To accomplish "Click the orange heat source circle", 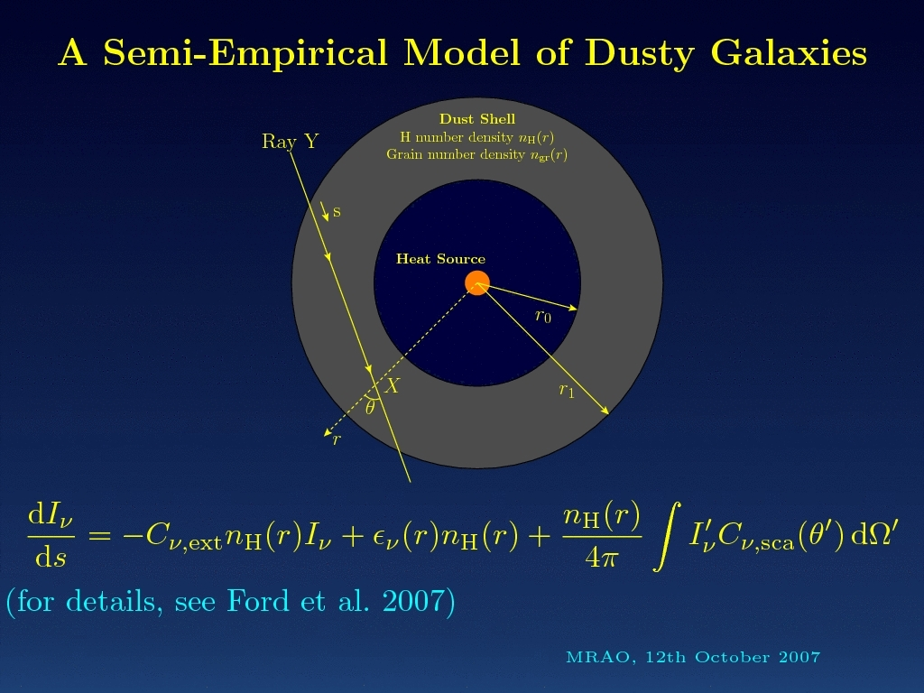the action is click(x=477, y=282).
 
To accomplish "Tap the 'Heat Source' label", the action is click(x=440, y=259).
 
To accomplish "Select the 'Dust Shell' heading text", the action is click(x=477, y=119).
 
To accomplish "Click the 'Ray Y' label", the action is click(x=290, y=142).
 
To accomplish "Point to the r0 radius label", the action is click(x=542, y=317).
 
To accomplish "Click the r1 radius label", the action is click(x=567, y=390).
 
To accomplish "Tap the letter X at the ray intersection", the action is click(x=392, y=386).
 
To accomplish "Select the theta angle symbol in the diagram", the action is click(x=369, y=407).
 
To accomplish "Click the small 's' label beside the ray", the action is click(x=337, y=211).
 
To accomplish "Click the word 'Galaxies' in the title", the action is click(x=789, y=53).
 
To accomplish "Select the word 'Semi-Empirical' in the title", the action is click(x=245, y=53).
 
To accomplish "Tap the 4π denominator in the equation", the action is click(x=601, y=555).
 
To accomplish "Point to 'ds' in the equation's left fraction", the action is click(x=51, y=555).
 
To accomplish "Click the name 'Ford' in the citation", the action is click(x=259, y=601).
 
